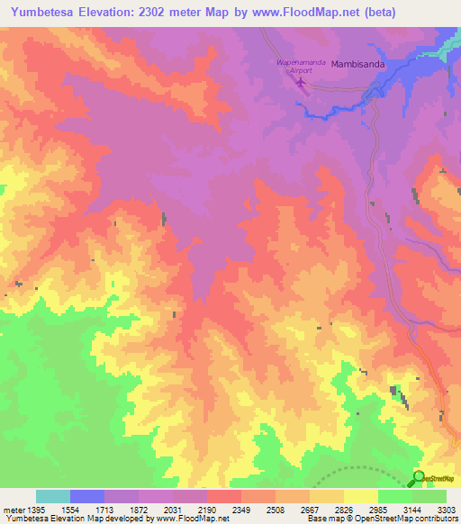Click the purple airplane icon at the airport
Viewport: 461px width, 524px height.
[x=301, y=84]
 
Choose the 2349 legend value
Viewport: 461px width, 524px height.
[x=241, y=510]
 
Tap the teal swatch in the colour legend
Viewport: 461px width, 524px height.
[x=53, y=496]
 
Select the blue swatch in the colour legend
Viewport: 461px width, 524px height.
[x=87, y=496]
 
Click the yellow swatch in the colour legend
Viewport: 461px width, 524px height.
[x=361, y=496]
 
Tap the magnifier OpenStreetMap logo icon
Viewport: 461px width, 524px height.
[x=419, y=478]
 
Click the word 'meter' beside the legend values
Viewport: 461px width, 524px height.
[x=12, y=510]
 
